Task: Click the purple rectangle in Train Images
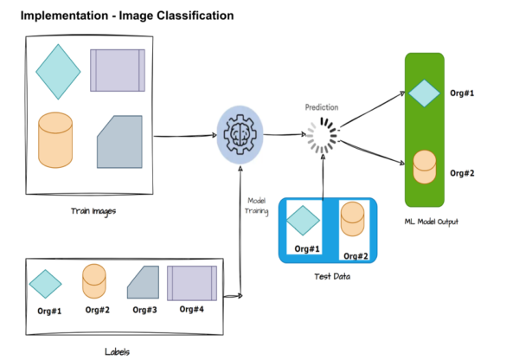(x=118, y=69)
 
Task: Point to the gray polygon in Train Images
(x=120, y=141)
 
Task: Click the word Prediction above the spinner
(x=321, y=107)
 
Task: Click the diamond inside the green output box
(x=424, y=92)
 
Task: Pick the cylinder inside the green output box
(x=424, y=167)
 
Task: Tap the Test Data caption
(x=326, y=276)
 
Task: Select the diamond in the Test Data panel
(x=304, y=220)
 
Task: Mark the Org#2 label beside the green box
(x=464, y=173)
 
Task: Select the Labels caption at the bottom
(x=116, y=350)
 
